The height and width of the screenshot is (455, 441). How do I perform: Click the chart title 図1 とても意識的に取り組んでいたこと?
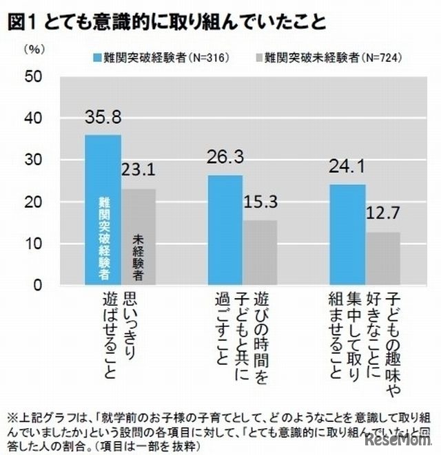tap(165, 21)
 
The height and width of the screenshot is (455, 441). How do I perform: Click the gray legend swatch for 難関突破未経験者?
tap(260, 57)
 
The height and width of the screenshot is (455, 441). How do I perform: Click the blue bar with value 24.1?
tap(348, 235)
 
